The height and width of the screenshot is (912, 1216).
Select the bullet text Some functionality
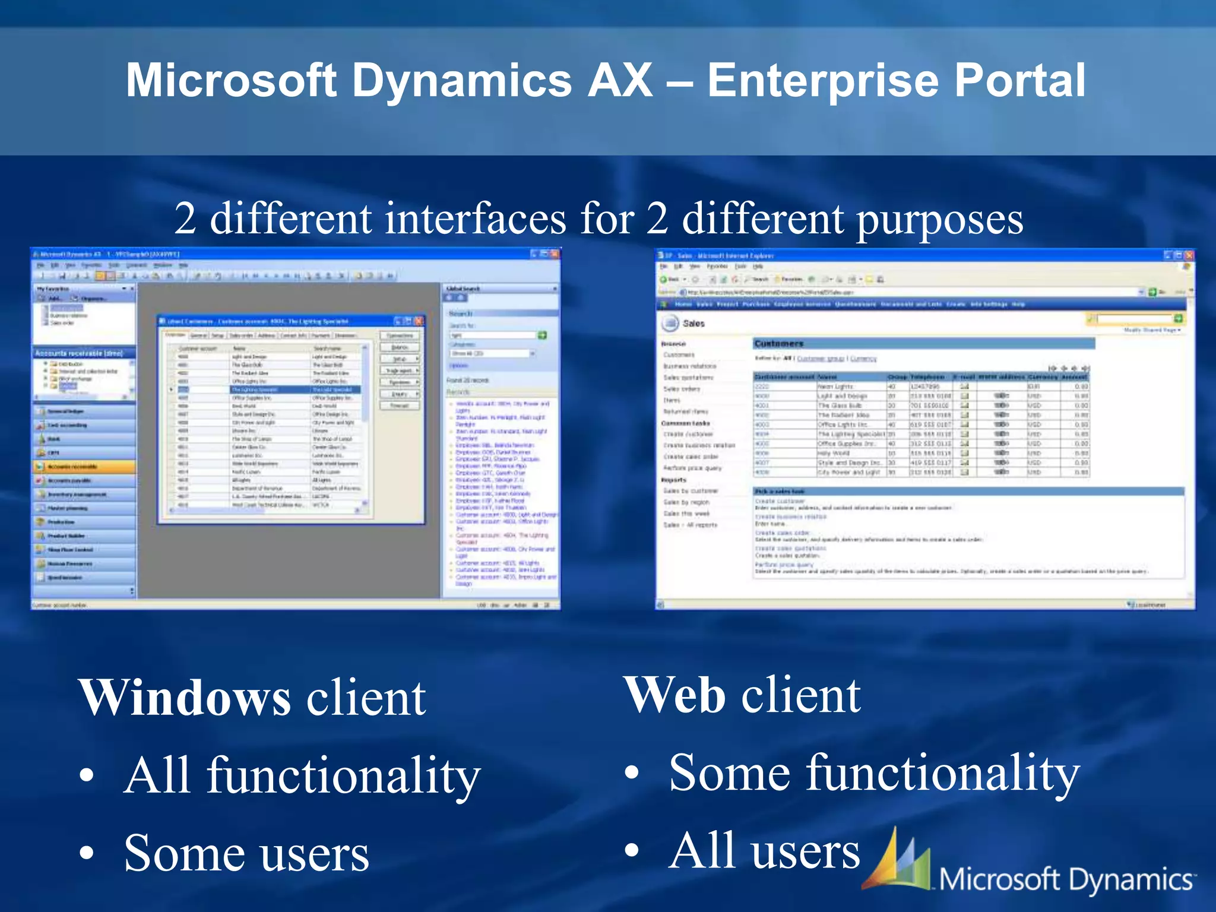[873, 772]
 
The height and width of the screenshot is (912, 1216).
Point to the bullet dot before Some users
[87, 853]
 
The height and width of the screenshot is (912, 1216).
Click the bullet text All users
[764, 851]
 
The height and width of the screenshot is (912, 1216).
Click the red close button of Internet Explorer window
[1189, 255]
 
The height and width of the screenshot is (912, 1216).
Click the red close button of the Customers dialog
[419, 321]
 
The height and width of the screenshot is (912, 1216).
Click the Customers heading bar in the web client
[923, 344]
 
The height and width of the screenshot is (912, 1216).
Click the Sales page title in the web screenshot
[693, 324]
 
